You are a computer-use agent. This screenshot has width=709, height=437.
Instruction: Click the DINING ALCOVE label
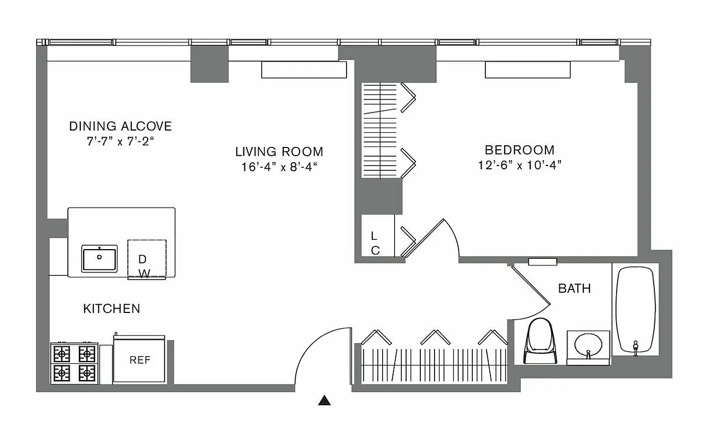pyautogui.click(x=120, y=126)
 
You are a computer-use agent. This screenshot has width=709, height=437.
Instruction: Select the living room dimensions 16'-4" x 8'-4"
pyautogui.click(x=279, y=167)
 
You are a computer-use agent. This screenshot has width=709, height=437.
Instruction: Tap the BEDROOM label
pyautogui.click(x=519, y=150)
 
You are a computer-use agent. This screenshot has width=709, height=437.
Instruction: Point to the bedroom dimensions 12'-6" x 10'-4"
pyautogui.click(x=519, y=165)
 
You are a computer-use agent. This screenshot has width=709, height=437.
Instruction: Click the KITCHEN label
pyautogui.click(x=112, y=309)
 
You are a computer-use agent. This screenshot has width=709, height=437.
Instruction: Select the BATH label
pyautogui.click(x=574, y=288)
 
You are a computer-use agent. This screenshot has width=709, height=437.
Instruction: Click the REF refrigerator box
pyautogui.click(x=139, y=361)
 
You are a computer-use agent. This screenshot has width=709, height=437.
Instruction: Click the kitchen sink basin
pyautogui.click(x=99, y=258)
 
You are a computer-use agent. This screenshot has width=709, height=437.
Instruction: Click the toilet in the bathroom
pyautogui.click(x=540, y=341)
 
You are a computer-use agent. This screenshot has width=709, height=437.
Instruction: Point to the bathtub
pyautogui.click(x=635, y=310)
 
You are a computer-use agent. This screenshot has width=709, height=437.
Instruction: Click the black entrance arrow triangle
pyautogui.click(x=325, y=401)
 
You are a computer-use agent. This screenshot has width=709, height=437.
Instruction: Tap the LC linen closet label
pyautogui.click(x=375, y=243)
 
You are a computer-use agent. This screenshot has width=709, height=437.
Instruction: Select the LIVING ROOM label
pyautogui.click(x=279, y=151)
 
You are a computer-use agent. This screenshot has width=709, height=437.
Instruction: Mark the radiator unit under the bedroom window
pyautogui.click(x=528, y=70)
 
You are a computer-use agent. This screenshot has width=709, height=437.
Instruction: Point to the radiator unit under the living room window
pyautogui.click(x=304, y=70)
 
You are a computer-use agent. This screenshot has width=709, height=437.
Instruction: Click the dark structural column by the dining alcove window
pyautogui.click(x=209, y=64)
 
